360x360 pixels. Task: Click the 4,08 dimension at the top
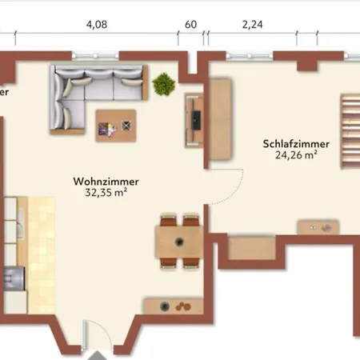[97, 24]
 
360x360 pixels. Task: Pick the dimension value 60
[190, 24]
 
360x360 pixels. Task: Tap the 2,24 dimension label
[253, 24]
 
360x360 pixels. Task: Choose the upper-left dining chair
[169, 219]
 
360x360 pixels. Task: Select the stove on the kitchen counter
[14, 278]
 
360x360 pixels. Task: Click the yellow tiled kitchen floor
[41, 248]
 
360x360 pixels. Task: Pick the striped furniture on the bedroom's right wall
[349, 132]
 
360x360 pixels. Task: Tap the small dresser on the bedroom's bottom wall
[318, 227]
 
